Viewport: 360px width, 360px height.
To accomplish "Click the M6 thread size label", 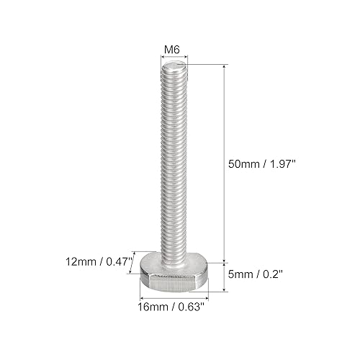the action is [172, 50].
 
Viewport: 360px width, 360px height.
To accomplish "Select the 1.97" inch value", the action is [284, 164].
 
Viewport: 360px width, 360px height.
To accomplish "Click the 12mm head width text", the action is [81, 261].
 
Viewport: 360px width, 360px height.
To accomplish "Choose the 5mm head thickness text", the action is [240, 274].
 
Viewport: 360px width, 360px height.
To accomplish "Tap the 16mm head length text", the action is [153, 307].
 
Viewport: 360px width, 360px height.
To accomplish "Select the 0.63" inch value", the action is [191, 307].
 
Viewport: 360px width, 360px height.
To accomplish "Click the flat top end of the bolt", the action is [174, 65].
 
